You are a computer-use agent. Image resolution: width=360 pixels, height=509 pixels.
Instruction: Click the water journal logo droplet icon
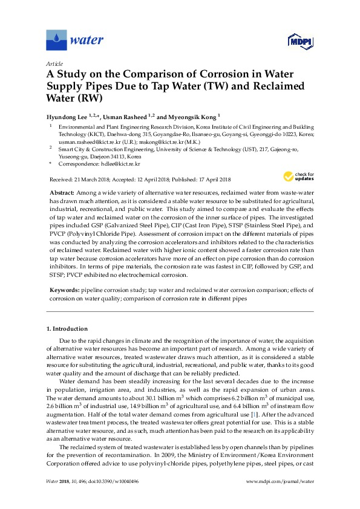click(56, 40)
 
